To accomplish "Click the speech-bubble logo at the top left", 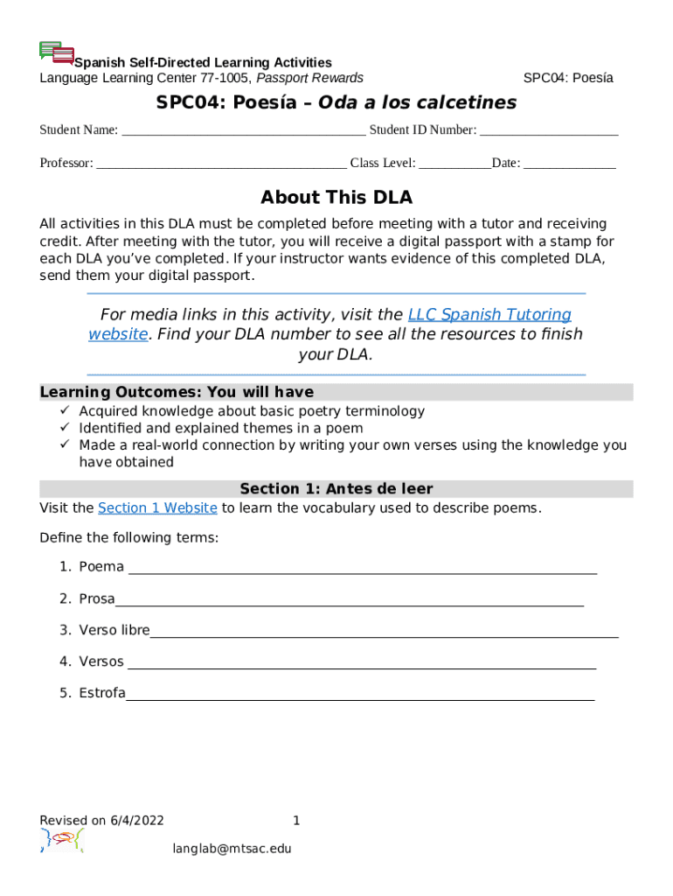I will coord(57,52).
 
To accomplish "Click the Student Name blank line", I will coord(243,132).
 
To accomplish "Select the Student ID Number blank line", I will coord(549,132).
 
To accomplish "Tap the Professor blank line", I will coord(220,164).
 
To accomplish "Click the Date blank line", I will coord(570,164).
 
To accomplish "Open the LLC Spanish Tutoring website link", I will coord(489,315).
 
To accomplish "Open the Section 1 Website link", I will coord(157,508).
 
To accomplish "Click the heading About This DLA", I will coord(336,198).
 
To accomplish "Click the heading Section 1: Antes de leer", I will coord(336,489).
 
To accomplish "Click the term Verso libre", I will coord(114,630).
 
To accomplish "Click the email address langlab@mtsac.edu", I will coord(232,849).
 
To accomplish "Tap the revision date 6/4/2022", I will coord(137,821).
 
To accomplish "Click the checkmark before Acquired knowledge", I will coord(64,411).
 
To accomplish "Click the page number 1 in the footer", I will coord(296,821).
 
